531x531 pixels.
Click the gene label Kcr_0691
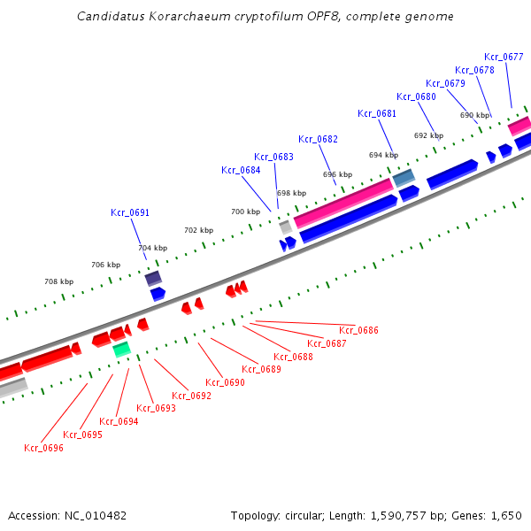130,212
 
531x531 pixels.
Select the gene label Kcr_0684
241,170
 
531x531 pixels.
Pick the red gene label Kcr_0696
43,448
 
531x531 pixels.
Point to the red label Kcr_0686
358,330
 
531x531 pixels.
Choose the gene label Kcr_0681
377,113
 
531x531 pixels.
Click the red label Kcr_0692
192,396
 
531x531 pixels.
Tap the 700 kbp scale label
245,212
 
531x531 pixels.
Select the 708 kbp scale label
58,281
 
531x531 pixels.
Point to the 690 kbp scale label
474,115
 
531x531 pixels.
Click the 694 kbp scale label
383,155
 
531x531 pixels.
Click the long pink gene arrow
342,202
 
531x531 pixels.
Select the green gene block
122,350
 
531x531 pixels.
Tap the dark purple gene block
153,278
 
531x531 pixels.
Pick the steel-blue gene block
404,178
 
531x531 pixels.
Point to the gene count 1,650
507,515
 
